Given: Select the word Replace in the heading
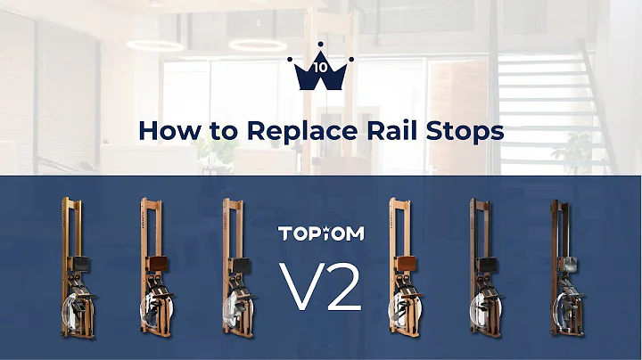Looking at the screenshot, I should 290,131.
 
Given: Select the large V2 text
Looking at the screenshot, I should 320,284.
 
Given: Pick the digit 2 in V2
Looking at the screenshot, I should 342,284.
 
